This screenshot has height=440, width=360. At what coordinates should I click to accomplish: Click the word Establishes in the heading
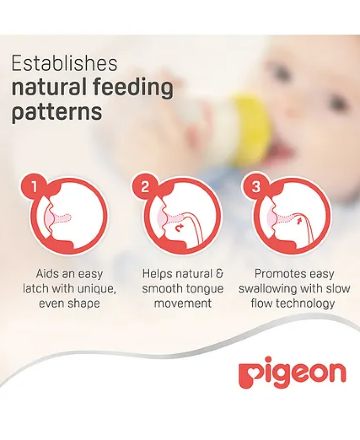coord(64,63)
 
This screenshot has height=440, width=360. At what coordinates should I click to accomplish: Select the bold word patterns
coord(57,112)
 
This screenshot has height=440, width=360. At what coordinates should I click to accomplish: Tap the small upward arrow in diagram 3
coord(299,220)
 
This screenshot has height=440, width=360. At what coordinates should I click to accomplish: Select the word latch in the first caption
coord(36,289)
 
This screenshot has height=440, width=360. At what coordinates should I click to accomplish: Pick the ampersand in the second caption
coord(219,274)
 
